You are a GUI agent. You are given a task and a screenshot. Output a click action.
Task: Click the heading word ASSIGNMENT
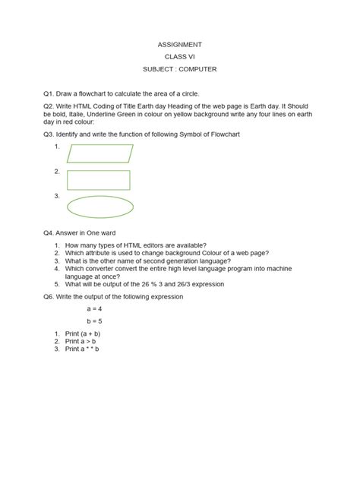(180, 44)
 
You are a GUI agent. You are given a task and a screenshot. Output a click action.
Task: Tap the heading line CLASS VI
(180, 57)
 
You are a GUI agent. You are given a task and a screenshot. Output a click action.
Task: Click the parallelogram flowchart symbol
(99, 153)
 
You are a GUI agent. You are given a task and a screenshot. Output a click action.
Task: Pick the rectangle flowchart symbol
(98, 180)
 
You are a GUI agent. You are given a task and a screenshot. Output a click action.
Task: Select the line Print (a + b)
(83, 334)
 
